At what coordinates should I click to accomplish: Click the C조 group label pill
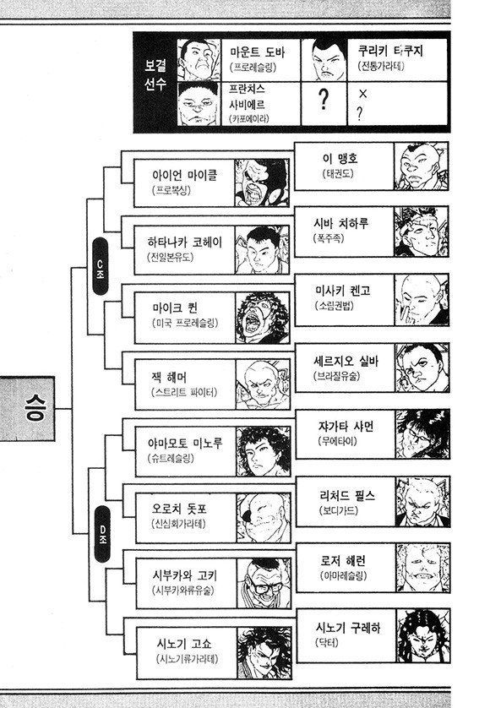[100, 266]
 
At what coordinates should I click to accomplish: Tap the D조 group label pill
[102, 534]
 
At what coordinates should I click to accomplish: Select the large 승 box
[27, 409]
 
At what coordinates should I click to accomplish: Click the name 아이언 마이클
[185, 175]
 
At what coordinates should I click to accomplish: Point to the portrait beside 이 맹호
[421, 166]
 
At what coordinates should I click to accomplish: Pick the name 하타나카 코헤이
[185, 242]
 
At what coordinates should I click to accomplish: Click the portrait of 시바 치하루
[422, 232]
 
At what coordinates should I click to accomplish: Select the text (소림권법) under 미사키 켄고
[335, 306]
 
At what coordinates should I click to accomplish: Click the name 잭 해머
[168, 377]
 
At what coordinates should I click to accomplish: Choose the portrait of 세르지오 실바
[422, 368]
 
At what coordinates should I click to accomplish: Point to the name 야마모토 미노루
[185, 443]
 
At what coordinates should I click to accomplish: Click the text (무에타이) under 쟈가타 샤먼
[337, 441]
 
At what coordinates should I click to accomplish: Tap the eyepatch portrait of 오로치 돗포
[264, 518]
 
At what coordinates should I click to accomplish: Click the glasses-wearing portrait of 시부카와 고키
[264, 583]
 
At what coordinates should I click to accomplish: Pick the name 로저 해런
[343, 560]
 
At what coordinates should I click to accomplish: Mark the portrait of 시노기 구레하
[423, 636]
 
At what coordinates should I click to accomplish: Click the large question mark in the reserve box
[324, 99]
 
